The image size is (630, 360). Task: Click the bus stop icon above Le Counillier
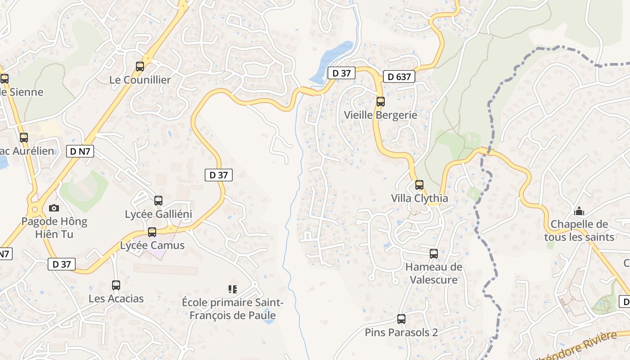[140, 67]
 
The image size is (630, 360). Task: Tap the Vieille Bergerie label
[380, 115]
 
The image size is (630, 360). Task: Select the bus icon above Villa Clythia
[419, 184]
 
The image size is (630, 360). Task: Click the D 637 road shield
[399, 77]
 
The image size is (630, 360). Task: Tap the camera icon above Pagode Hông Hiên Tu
[54, 208]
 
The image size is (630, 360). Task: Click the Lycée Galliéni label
[158, 214]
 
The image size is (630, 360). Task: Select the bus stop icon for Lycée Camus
[152, 232]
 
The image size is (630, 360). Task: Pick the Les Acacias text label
[116, 298]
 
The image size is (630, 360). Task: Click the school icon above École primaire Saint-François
[233, 289]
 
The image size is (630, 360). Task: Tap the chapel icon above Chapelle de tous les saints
[579, 211]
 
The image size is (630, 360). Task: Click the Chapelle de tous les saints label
[579, 230]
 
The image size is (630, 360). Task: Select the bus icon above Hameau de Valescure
[434, 254]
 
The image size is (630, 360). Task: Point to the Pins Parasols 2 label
[401, 333]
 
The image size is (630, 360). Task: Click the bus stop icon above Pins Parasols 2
[401, 319]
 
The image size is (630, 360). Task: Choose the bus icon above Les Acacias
[116, 285]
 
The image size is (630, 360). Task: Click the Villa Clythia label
[419, 198]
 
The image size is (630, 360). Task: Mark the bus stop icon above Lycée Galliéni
[158, 201]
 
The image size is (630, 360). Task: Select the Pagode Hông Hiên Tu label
[54, 228]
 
